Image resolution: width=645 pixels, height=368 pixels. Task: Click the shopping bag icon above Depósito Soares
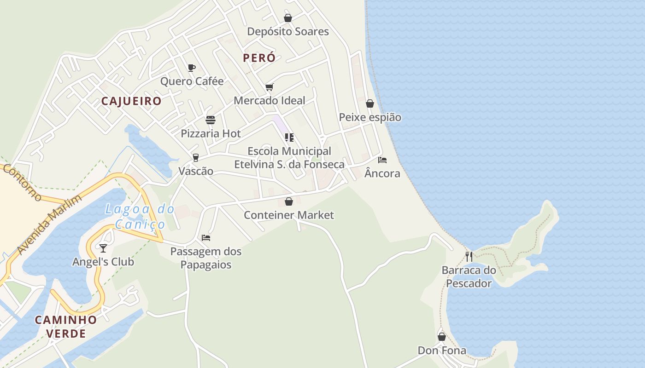point(288,18)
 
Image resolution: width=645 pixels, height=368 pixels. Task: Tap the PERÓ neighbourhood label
point(259,58)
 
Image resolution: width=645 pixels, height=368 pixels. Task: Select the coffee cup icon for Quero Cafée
point(192,68)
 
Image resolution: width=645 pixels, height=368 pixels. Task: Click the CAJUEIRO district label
point(131,101)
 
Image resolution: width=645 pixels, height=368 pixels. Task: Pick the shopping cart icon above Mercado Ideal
point(270,87)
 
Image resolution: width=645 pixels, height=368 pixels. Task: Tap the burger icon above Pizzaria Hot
point(211,120)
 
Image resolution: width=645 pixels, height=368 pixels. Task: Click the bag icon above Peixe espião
point(370,103)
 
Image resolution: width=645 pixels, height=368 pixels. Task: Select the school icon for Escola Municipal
point(289,137)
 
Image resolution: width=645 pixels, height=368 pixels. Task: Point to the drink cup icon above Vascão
point(196,158)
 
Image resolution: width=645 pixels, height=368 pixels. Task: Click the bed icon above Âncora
point(382,160)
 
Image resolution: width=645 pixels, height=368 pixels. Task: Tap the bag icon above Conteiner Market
point(289,201)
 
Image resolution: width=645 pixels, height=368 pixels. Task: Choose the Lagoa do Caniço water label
point(140,217)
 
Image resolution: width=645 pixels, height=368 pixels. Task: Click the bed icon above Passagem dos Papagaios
point(206,238)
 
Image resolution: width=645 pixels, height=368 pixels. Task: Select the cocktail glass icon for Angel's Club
point(103,248)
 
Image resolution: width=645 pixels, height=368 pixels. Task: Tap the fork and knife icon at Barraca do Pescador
point(469,256)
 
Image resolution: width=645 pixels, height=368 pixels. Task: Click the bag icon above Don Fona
point(442,337)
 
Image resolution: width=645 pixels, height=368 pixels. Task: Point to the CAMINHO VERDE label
point(66,327)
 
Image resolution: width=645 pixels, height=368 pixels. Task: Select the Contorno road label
point(22,183)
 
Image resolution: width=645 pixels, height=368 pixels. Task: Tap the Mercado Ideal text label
point(270,100)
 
